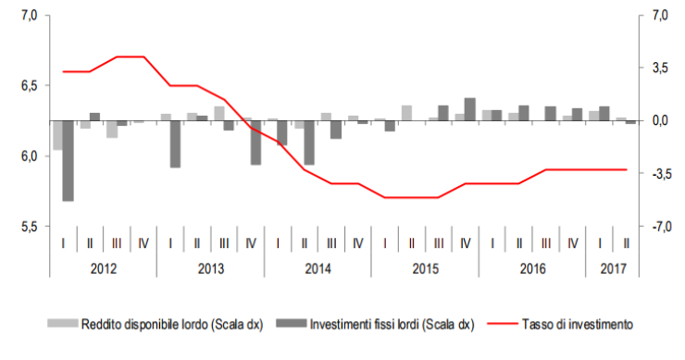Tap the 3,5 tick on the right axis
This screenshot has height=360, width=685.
pos(659,68)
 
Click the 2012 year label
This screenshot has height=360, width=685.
pos(103,268)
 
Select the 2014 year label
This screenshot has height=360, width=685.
pos(318,268)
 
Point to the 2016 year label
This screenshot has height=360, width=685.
pos(532,268)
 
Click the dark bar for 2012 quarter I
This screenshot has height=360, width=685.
pos(68,160)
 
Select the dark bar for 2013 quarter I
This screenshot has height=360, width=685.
pos(176,143)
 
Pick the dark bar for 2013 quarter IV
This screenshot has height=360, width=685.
pos(255,143)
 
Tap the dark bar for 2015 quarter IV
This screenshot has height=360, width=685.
pos(470,109)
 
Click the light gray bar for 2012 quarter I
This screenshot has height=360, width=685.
pos(58,135)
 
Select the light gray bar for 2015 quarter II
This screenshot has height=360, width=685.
pos(406,113)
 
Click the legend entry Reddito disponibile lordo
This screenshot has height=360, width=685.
pos(157,324)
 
